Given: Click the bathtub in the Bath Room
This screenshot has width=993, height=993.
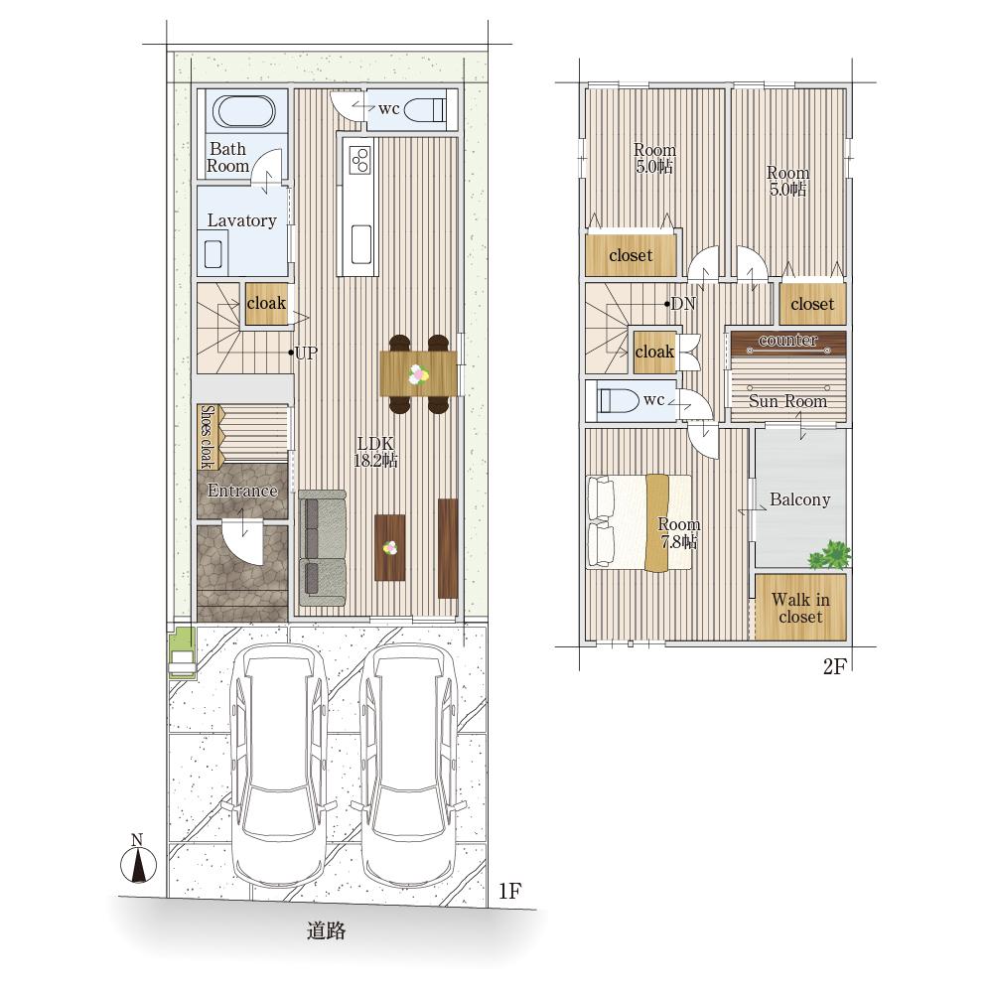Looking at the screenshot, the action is [x=243, y=111].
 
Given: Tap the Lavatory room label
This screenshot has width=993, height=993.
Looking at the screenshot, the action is [x=242, y=220].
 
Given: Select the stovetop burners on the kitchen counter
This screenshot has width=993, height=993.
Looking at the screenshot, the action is [x=359, y=159].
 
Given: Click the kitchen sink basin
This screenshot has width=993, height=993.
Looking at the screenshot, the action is [x=361, y=244].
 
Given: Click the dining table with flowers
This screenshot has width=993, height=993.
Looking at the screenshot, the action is [x=419, y=373].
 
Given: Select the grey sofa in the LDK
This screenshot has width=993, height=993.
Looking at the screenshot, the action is [x=323, y=548].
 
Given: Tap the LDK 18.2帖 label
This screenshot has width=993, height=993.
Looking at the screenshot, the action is [x=375, y=452].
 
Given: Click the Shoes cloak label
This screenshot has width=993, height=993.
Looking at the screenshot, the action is [x=207, y=437].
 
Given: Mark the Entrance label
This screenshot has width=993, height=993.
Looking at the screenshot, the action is [x=242, y=491].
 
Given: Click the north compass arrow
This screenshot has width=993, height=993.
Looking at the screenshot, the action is [x=138, y=865].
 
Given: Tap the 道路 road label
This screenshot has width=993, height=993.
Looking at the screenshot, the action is [x=326, y=930].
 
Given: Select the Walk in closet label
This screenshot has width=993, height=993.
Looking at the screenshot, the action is [x=800, y=608].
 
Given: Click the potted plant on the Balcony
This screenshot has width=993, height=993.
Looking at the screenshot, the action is [x=829, y=555].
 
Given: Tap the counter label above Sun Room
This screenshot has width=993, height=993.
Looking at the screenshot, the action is [x=787, y=340].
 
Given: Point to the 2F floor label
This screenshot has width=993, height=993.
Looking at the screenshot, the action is [x=835, y=666].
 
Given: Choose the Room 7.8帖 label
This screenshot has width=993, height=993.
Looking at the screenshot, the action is [x=679, y=532].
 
